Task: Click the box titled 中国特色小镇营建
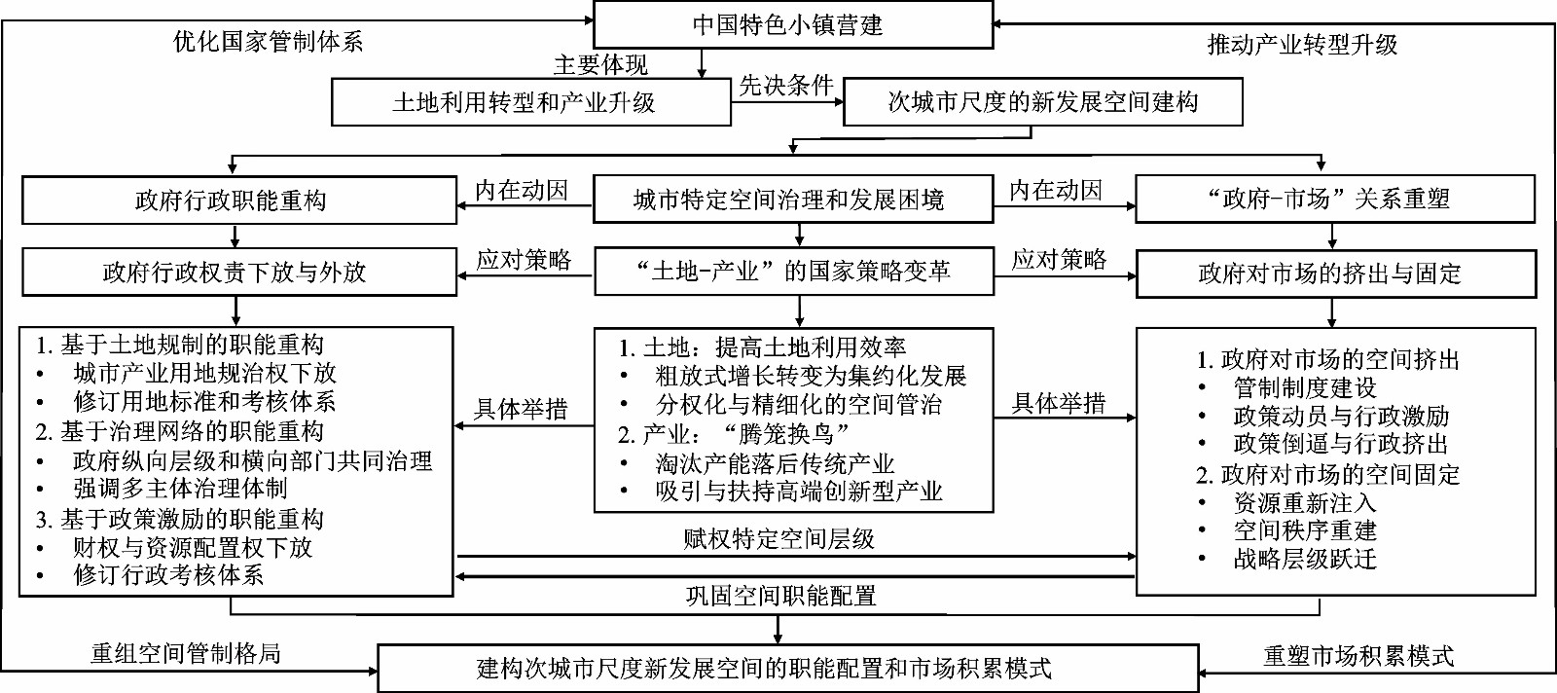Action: click(x=793, y=25)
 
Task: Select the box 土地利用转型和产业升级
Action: click(x=531, y=102)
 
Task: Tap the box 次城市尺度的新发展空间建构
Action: click(x=1042, y=102)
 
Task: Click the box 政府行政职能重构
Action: click(x=239, y=201)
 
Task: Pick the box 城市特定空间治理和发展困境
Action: click(x=793, y=200)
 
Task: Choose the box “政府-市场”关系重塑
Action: click(x=1335, y=199)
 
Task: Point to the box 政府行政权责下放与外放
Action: click(x=239, y=273)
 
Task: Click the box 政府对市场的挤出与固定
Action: click(x=1336, y=274)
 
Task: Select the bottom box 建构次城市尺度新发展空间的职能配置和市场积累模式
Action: click(x=788, y=668)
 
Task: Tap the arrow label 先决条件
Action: click(x=786, y=86)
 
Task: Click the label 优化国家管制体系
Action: click(x=269, y=43)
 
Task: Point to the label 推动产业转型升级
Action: click(x=1303, y=45)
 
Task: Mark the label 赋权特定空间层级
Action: click(x=778, y=538)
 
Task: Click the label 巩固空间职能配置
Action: click(x=780, y=596)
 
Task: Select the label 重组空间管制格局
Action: click(x=186, y=653)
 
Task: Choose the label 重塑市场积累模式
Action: click(x=1358, y=655)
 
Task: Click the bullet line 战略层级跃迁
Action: click(x=1288, y=559)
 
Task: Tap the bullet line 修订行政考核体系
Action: click(x=150, y=575)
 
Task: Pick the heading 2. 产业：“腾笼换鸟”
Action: click(x=734, y=434)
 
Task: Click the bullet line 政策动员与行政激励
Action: click(x=1324, y=416)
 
